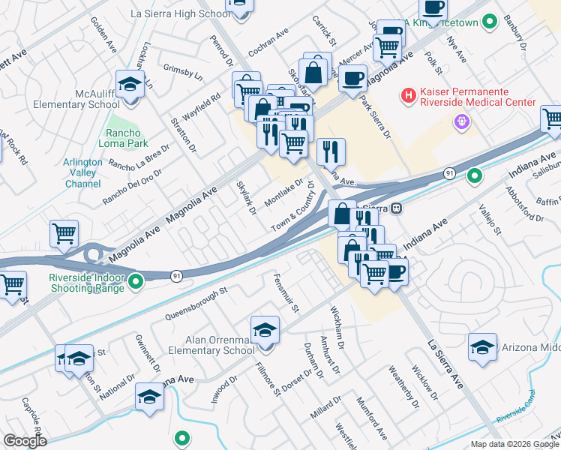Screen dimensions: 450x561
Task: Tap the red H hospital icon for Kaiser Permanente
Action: (x=408, y=95)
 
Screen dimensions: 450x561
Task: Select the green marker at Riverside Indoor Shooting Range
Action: (x=136, y=282)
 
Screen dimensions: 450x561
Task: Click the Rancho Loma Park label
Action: (x=122, y=138)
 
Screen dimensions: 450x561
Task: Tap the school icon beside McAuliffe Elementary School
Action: (x=130, y=84)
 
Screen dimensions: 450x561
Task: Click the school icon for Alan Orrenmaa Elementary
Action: (x=265, y=330)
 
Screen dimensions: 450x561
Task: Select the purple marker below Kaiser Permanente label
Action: (x=461, y=120)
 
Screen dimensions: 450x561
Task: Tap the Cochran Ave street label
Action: (x=268, y=43)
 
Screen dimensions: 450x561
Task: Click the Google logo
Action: (x=25, y=441)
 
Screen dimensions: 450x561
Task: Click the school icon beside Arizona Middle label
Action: (x=482, y=346)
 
